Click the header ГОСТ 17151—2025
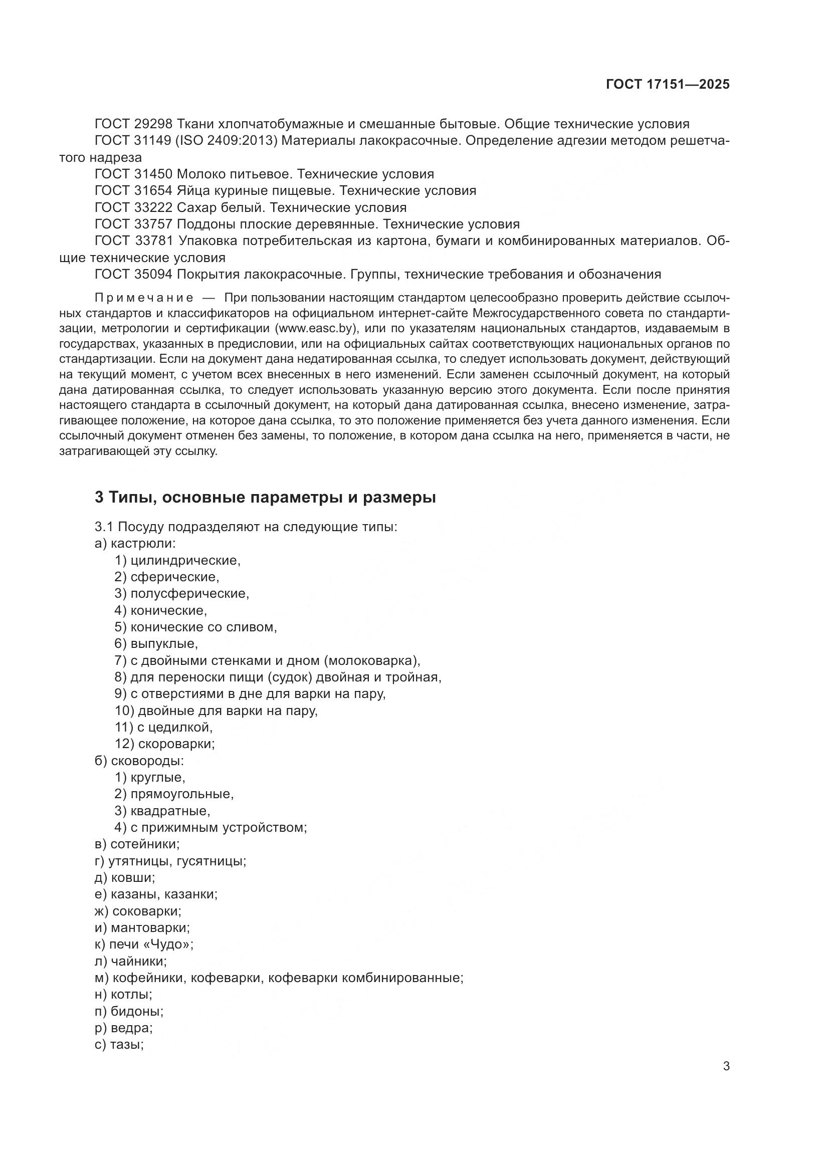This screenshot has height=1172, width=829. coord(667,84)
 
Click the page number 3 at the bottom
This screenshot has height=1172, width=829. coord(726,1066)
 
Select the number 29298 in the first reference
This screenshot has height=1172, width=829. coord(154,124)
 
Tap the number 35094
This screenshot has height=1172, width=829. coord(154,275)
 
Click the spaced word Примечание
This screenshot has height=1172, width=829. coord(144,298)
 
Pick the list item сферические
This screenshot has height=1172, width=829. coord(174,577)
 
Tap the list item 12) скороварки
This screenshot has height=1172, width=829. coord(165,744)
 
